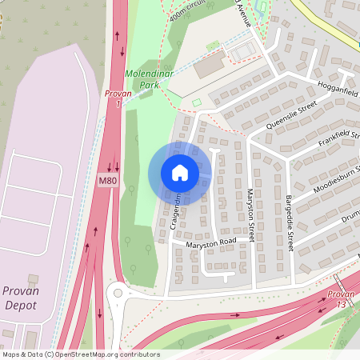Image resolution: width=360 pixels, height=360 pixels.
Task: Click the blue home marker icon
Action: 180,172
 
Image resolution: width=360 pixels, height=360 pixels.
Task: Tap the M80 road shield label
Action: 107,182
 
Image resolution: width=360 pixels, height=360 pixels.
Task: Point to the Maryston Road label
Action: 212,242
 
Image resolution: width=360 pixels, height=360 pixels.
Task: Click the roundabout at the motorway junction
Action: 118,294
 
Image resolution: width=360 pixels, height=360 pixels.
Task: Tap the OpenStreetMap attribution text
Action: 80,354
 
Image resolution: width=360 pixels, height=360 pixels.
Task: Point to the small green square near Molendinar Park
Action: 197,102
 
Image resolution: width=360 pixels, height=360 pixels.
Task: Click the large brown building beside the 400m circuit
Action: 210,66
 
